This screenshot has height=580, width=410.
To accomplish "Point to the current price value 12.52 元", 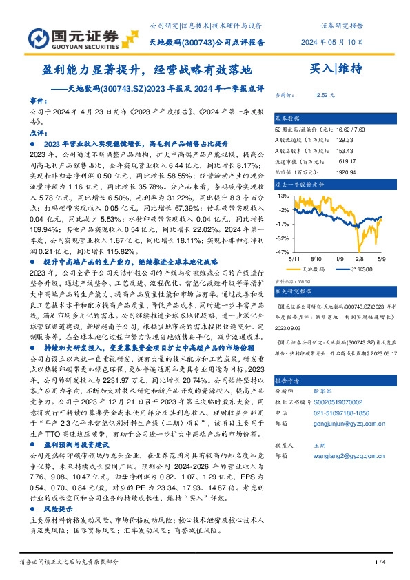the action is (324, 95).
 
